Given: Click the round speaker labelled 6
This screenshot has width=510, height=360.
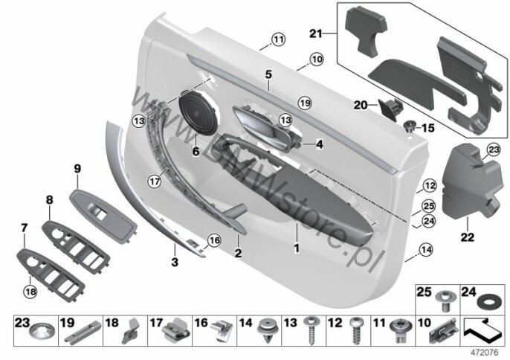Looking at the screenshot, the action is click(x=198, y=112).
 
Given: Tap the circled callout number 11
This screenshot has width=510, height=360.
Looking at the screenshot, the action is click(x=278, y=39).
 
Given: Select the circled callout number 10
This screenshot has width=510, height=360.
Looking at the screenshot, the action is click(x=317, y=60).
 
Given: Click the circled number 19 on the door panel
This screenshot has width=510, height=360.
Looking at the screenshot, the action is click(x=305, y=103).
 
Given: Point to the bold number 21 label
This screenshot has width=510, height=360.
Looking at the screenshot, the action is click(x=315, y=33).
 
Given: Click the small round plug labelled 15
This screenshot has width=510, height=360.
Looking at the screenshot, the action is click(x=410, y=126).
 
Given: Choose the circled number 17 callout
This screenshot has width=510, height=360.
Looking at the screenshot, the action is click(x=155, y=181).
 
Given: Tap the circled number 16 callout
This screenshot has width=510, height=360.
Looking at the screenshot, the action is click(x=214, y=240).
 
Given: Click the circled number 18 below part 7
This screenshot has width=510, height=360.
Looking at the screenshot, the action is click(x=30, y=292).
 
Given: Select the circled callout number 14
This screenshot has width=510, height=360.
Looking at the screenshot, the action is click(x=426, y=250).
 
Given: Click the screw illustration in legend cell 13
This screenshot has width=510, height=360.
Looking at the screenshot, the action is click(x=309, y=331).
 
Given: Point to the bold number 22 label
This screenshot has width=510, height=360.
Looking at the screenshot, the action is click(x=468, y=237).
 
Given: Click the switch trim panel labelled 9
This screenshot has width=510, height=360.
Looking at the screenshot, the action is click(x=103, y=217).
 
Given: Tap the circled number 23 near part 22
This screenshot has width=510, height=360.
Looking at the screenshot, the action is click(x=494, y=150).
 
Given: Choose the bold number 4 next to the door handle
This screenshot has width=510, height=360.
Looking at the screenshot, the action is click(x=320, y=144).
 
